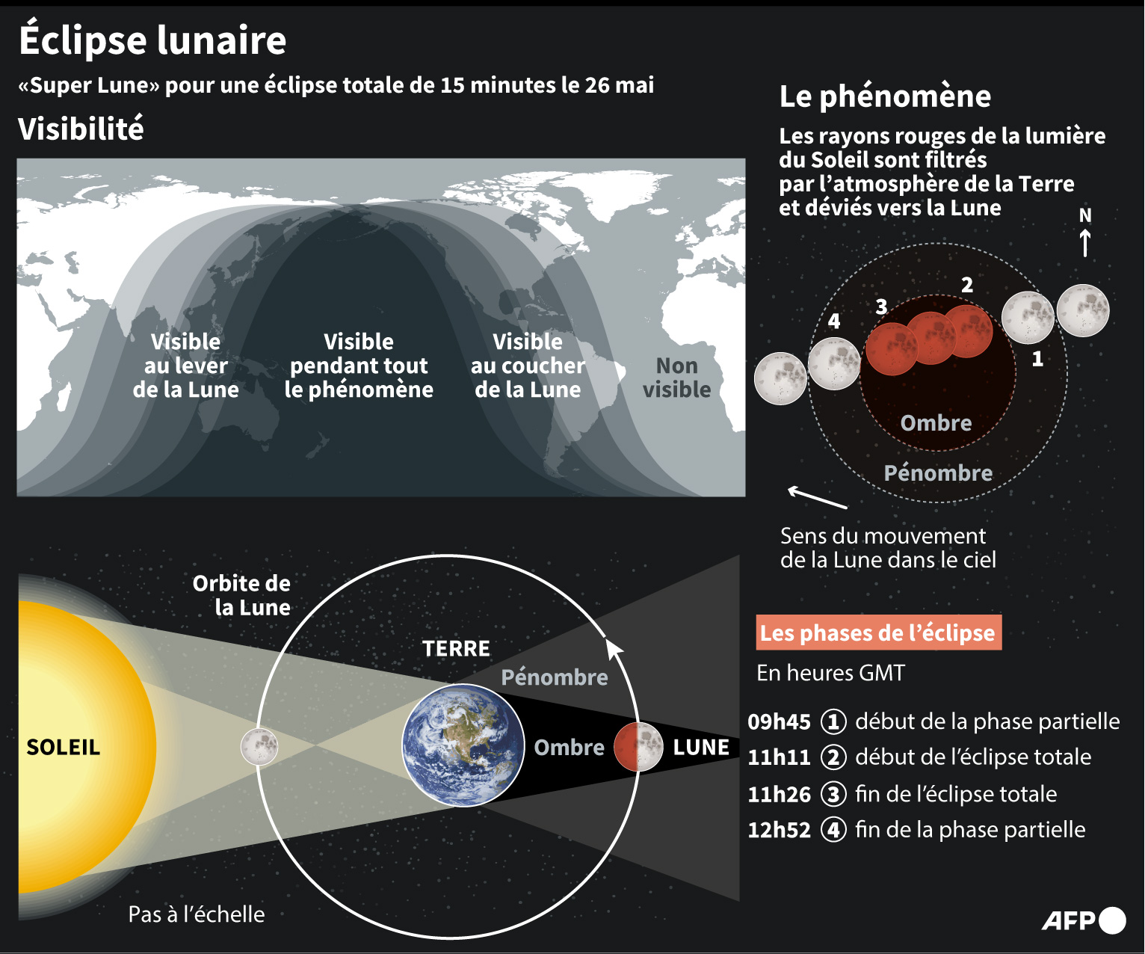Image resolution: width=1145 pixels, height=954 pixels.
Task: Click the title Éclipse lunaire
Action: [x=152, y=40]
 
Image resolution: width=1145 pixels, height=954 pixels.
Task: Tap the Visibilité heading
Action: [x=81, y=129]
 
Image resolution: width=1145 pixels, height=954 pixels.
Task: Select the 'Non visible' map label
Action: [x=676, y=378]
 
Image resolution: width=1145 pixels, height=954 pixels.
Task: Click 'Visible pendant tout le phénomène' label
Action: [x=359, y=366]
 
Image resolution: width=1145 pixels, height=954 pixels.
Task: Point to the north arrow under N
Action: [x=1084, y=243]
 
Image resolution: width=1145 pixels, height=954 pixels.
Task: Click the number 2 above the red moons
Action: [x=967, y=285]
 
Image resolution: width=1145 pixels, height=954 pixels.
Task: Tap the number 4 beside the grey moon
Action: [x=833, y=321]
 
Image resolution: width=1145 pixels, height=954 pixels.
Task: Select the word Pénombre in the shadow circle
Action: [x=938, y=473]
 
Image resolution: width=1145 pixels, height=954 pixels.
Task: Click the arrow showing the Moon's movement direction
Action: [x=817, y=498]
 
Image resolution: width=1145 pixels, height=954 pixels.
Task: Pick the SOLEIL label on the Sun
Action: [x=63, y=747]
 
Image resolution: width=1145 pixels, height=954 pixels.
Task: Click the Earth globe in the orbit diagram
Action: [x=463, y=745]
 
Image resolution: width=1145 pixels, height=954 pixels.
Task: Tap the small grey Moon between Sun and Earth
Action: [x=259, y=747]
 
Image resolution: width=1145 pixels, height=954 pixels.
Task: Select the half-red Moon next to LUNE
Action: [x=638, y=747]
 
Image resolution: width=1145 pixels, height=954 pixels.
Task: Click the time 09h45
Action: [x=779, y=722]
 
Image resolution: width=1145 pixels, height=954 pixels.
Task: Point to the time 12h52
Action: [x=779, y=830]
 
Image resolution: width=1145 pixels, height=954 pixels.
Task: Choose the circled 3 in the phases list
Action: [x=833, y=794]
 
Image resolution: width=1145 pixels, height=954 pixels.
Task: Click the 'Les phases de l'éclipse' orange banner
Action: [x=878, y=633]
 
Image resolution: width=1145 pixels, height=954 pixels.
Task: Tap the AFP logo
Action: [x=1084, y=920]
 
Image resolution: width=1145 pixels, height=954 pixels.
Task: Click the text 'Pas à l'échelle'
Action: [x=197, y=914]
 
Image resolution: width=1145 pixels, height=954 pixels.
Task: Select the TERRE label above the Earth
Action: [x=456, y=648]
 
